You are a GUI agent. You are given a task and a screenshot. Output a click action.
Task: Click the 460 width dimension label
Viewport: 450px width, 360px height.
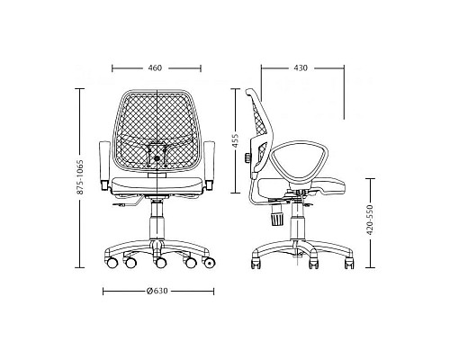[155, 68]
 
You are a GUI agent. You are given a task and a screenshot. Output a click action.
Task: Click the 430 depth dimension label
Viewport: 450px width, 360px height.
[301, 68]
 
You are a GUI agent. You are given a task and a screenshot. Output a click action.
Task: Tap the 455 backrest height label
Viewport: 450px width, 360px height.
[235, 140]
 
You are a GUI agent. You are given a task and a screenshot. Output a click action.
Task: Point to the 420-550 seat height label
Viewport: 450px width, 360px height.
[370, 220]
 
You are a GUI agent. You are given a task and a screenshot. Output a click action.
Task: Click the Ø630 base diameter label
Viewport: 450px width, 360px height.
[157, 291]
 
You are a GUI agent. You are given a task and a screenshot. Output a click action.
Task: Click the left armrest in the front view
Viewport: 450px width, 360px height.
[104, 166]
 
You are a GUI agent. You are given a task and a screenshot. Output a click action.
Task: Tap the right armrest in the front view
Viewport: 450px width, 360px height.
[209, 166]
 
